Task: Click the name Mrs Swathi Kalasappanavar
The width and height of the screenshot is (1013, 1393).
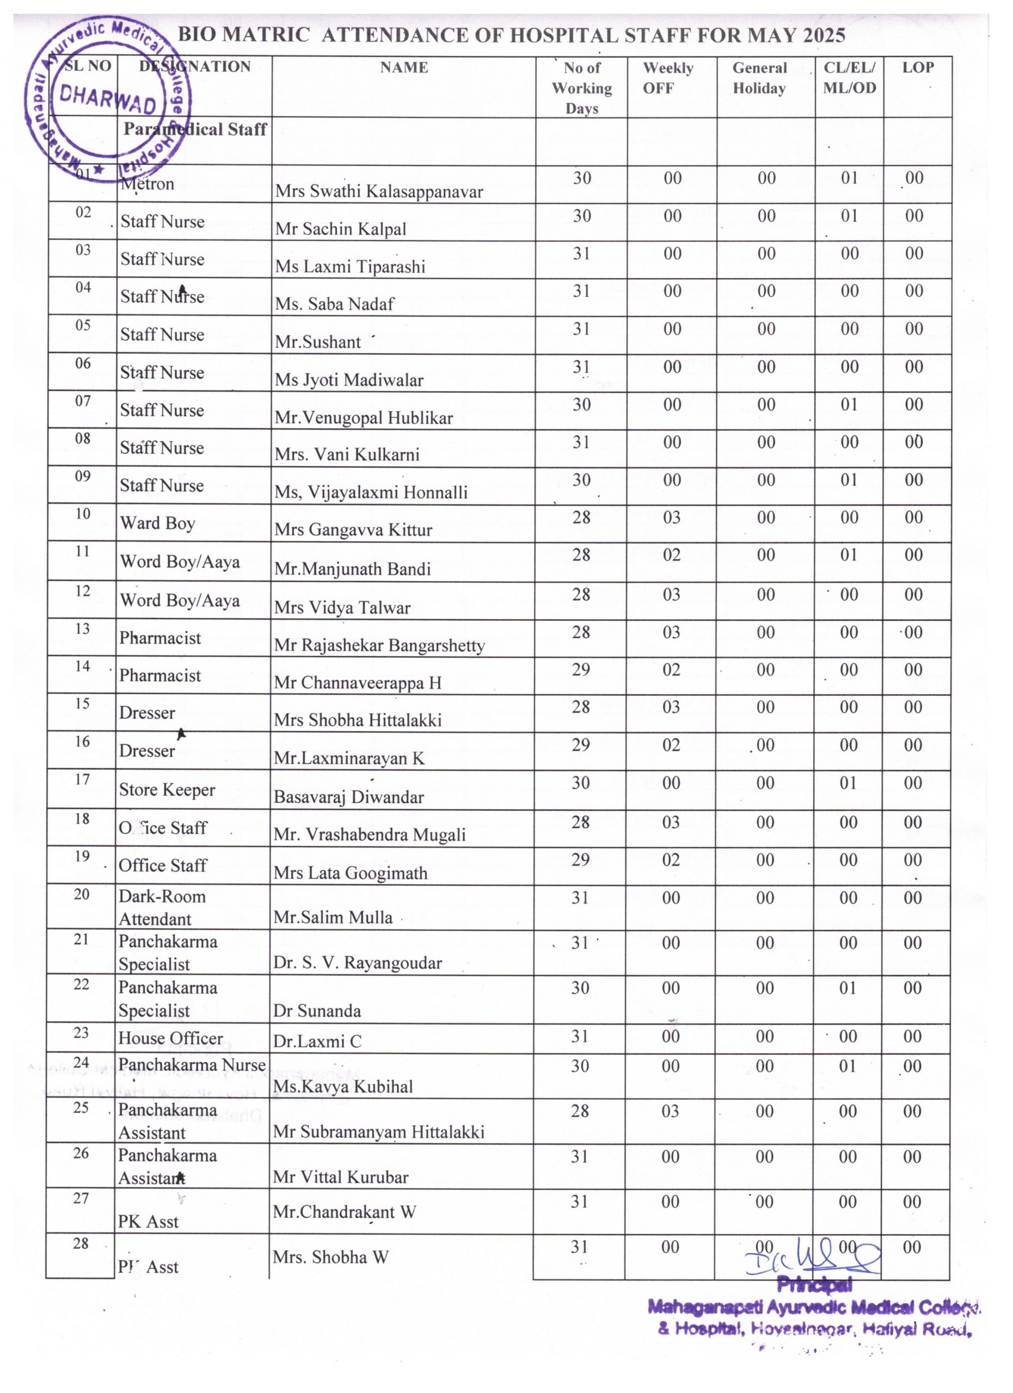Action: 379,191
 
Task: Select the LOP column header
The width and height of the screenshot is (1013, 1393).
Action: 918,67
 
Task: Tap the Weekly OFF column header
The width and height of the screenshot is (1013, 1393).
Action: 668,78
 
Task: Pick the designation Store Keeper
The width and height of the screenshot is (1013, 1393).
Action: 167,790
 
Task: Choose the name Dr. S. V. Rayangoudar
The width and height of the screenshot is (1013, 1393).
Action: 358,963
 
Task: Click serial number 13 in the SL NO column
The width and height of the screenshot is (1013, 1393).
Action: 82,628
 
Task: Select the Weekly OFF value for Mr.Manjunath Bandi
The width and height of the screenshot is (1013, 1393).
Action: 672,554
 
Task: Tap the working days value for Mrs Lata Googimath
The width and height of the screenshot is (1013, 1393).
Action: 580,859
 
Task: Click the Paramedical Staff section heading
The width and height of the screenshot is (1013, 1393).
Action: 195,129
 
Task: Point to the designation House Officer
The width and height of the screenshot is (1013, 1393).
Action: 171,1038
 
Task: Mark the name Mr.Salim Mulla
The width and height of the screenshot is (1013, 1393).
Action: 333,917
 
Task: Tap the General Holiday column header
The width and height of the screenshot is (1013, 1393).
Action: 759,78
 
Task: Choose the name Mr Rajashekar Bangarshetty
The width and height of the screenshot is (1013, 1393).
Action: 379,645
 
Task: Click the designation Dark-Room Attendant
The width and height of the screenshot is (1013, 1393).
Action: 162,907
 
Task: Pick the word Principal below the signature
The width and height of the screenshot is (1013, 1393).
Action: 814,1285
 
